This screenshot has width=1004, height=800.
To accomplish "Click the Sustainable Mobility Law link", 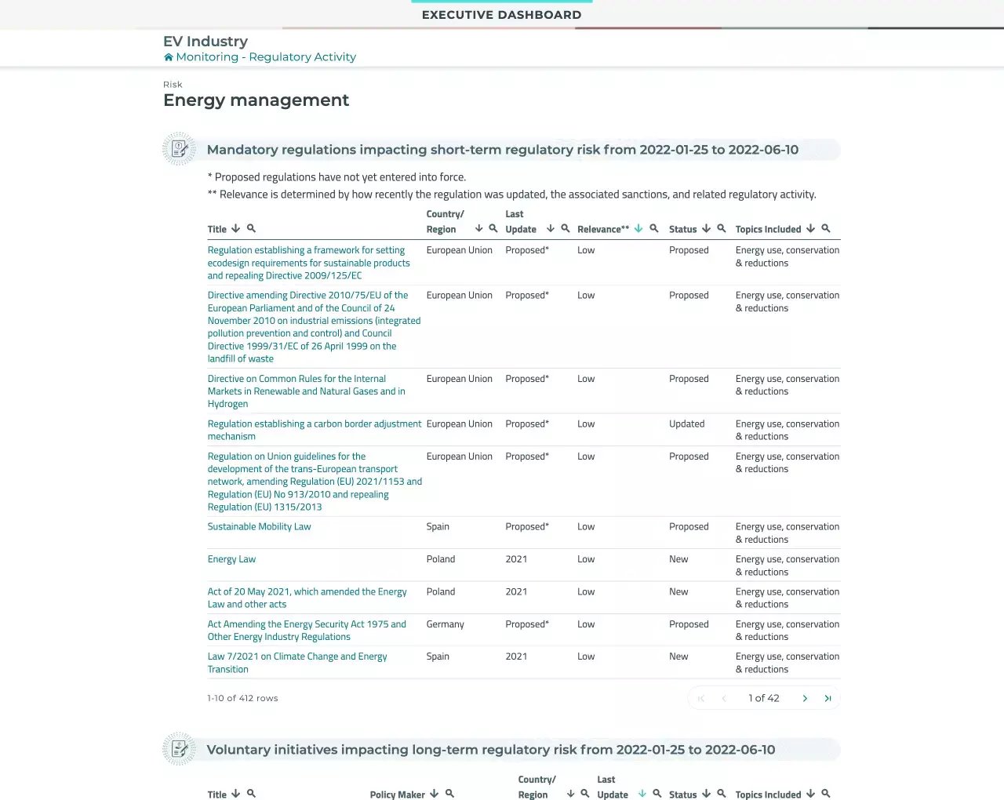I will [x=259, y=527].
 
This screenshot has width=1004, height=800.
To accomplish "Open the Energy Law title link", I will [x=231, y=559].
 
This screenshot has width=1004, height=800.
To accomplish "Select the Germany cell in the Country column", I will [x=445, y=624].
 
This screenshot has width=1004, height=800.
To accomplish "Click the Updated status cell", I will [x=686, y=424].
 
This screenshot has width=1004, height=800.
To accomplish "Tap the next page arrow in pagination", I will [x=805, y=698].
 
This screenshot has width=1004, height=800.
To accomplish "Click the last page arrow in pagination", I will [x=828, y=698].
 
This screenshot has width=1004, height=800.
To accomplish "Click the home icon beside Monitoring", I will [x=168, y=57].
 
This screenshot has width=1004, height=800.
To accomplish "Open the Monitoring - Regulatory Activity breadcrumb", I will [x=265, y=57].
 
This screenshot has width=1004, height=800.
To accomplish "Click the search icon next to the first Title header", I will [x=251, y=228].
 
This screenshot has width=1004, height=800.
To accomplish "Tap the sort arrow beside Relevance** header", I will [x=638, y=228].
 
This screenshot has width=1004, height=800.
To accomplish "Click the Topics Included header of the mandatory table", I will [x=768, y=229].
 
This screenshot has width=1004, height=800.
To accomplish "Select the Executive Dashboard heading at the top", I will [x=501, y=15].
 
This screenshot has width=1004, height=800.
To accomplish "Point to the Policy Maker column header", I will [x=397, y=795].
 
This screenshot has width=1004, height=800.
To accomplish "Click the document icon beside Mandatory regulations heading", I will [x=179, y=149].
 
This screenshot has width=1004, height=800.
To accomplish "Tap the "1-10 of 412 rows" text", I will [x=242, y=698].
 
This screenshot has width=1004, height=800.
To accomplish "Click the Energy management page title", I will [x=256, y=100].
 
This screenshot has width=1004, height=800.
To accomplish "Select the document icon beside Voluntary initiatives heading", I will [x=179, y=749].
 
